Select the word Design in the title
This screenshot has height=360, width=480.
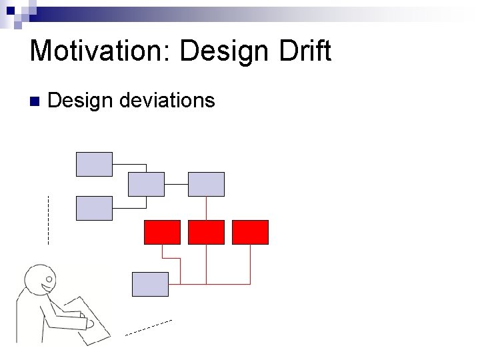tap(223, 51)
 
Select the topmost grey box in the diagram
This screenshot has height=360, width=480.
tap(94, 164)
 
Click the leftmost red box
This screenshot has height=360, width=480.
tap(162, 232)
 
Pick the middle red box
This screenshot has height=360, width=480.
tap(206, 232)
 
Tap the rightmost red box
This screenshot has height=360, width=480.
tap(250, 232)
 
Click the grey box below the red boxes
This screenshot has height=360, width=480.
tap(150, 284)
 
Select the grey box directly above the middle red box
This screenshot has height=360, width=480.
tap(206, 184)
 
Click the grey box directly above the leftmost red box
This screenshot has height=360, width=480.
tap(145, 184)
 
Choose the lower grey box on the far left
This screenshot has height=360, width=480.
tap(94, 208)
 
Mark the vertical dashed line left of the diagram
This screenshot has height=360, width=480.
tap(48, 220)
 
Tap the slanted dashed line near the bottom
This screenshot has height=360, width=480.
tap(149, 327)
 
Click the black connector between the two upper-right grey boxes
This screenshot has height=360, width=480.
tap(176, 184)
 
